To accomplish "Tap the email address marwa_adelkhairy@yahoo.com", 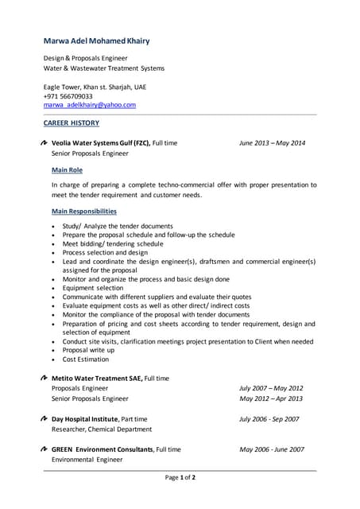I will coord(89,105).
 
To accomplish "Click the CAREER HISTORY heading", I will coord(71,123).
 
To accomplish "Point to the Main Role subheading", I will coord(67,170).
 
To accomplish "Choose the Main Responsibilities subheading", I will coord(83,212).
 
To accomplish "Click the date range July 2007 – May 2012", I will coord(271,388).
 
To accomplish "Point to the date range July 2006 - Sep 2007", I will coord(269,418).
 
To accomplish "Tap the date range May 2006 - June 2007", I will coord(272,449).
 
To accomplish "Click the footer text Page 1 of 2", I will coord(180,477).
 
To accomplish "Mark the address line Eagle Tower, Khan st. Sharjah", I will coord(95,86).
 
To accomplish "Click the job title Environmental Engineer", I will coord(87,460).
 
